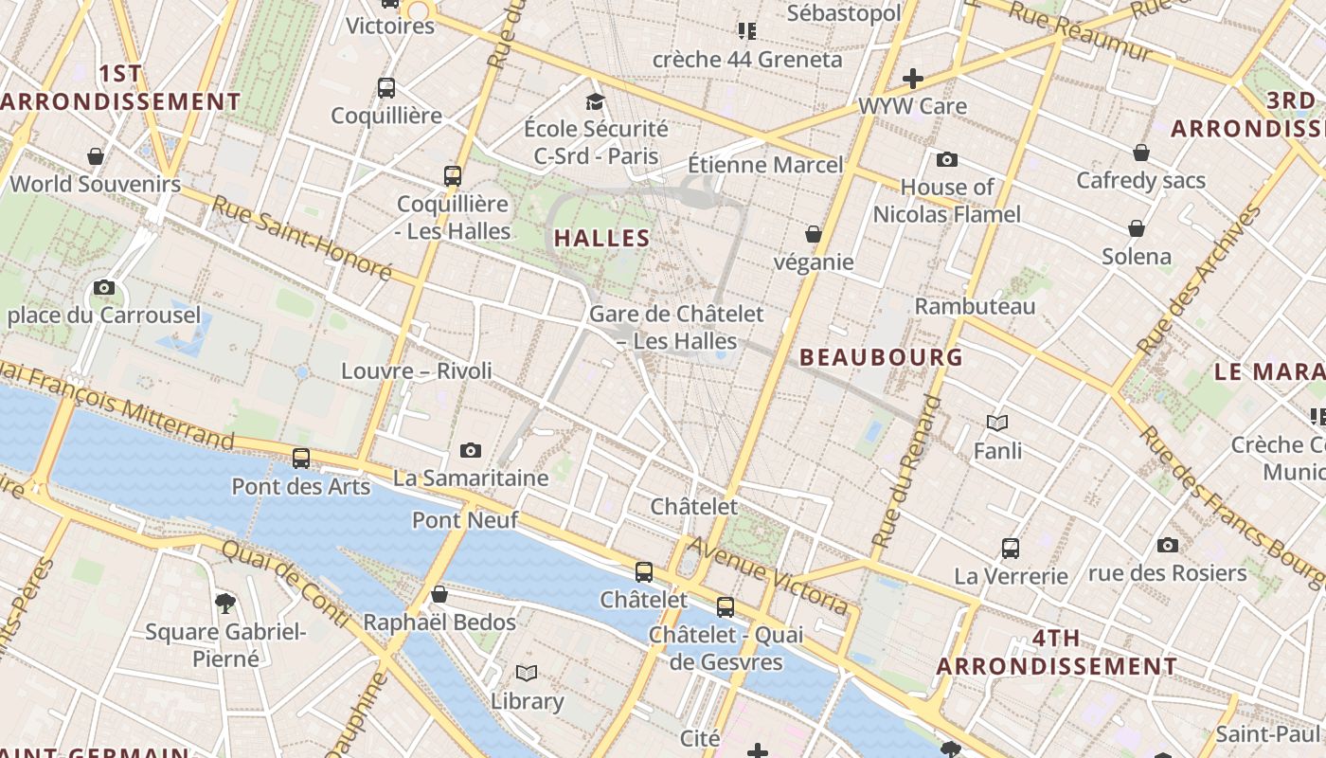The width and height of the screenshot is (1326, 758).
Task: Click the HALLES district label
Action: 602,239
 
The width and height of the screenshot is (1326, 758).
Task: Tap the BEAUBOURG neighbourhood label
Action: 881,357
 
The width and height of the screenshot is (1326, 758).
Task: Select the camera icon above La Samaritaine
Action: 471,450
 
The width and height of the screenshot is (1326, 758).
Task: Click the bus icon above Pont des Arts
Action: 301,459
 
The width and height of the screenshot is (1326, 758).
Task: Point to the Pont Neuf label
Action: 465,520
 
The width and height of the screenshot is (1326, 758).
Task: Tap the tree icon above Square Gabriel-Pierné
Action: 225,603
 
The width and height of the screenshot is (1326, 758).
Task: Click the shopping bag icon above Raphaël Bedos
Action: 439,594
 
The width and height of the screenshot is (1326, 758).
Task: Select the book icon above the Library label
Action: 527,673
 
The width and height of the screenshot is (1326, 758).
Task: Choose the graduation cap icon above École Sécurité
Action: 595,101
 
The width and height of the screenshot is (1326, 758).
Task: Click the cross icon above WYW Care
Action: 913,78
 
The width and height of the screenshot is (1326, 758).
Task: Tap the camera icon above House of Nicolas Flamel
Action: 946,159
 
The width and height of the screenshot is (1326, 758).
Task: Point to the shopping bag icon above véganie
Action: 813,233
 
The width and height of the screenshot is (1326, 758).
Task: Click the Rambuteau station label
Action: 975,306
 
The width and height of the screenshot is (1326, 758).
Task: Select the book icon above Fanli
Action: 997,423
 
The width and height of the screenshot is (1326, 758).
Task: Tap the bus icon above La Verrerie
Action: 1011,548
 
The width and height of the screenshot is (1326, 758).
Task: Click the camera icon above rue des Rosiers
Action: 1167,545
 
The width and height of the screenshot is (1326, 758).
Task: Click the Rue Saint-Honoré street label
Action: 301,238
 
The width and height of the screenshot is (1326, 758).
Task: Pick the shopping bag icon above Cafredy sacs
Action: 1141,153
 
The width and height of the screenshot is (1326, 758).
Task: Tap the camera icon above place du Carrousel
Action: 104,287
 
